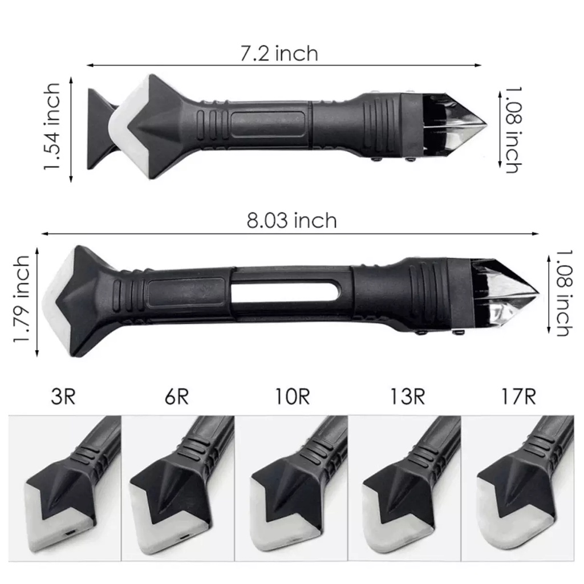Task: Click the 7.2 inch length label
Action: [x=279, y=54]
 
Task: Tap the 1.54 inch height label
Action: [x=52, y=127]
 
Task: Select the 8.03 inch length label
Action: [x=291, y=220]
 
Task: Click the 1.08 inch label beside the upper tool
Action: [x=514, y=130]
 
